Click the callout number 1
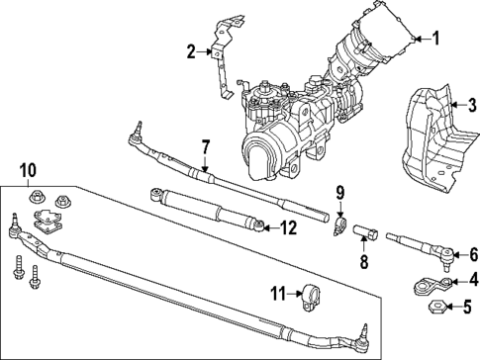[433, 39]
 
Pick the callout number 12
[288, 227]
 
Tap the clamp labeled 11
[315, 294]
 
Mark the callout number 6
[473, 254]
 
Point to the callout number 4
[473, 281]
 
